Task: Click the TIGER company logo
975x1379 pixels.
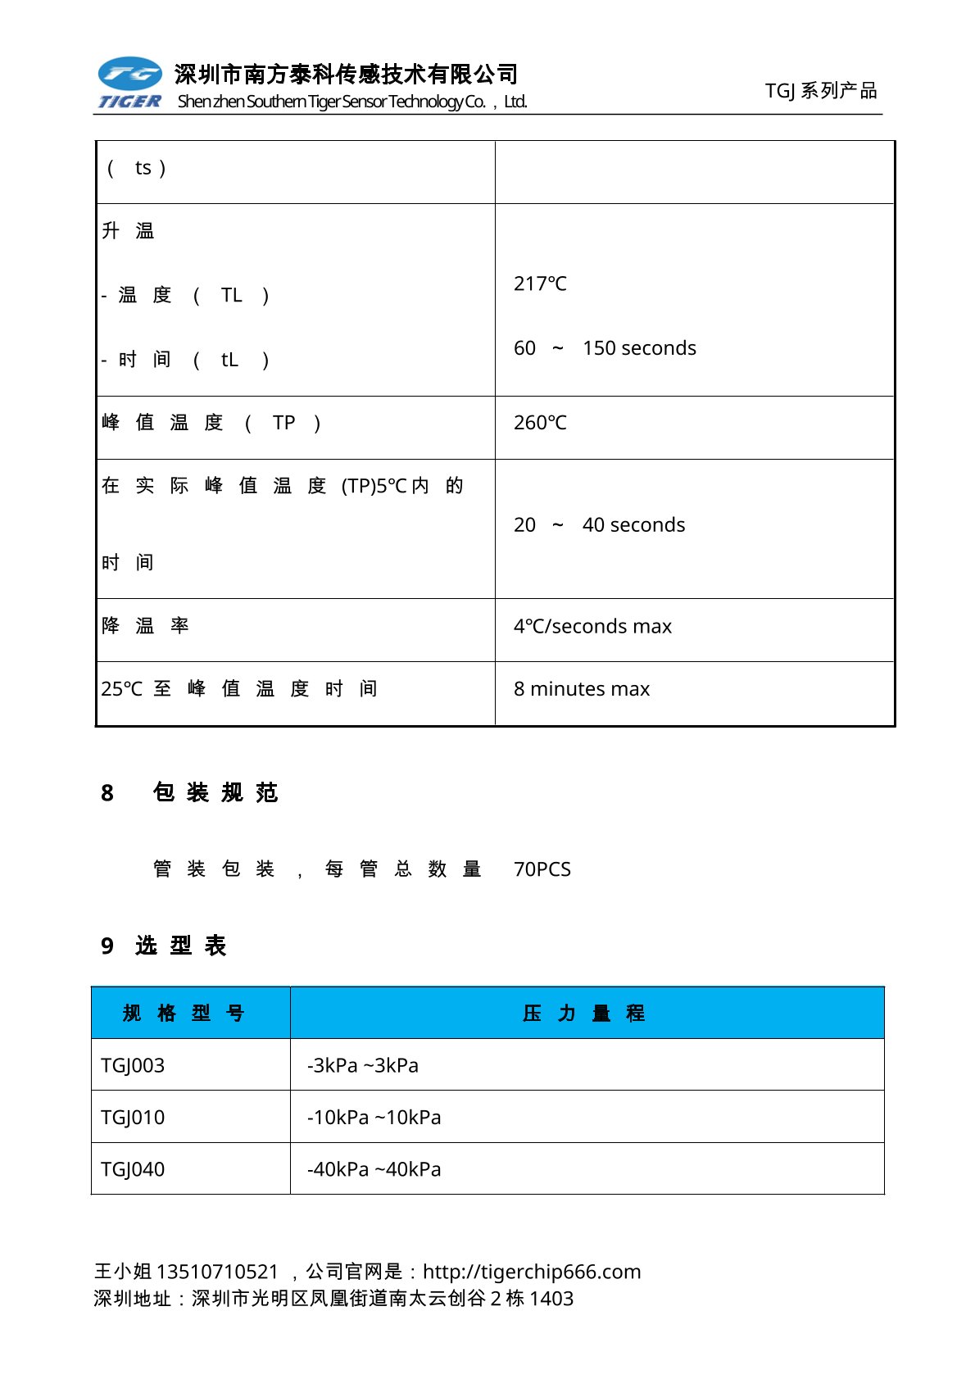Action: pyautogui.click(x=130, y=83)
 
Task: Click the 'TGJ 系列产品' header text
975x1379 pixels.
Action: pyautogui.click(x=820, y=91)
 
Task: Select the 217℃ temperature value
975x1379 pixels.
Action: pyautogui.click(x=540, y=284)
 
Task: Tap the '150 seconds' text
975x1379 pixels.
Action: pyautogui.click(x=639, y=348)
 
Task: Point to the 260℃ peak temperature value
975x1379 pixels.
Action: pyautogui.click(x=540, y=423)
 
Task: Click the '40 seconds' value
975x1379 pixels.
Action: pyautogui.click(x=633, y=525)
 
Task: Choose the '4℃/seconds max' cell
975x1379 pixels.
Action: pyautogui.click(x=592, y=627)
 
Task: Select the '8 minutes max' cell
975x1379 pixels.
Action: pyautogui.click(x=582, y=689)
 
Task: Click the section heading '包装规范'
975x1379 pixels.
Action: pyautogui.click(x=216, y=793)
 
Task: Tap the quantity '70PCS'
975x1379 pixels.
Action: pyautogui.click(x=542, y=869)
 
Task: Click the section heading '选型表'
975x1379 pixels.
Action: pyautogui.click(x=181, y=946)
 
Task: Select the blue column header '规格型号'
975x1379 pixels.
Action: pyautogui.click(x=184, y=1014)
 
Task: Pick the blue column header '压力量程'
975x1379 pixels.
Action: pyautogui.click(x=584, y=1014)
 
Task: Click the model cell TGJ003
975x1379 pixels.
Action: pyautogui.click(x=133, y=1066)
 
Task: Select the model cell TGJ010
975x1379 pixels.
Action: pyautogui.click(x=133, y=1118)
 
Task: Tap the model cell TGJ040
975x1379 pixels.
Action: pyautogui.click(x=133, y=1169)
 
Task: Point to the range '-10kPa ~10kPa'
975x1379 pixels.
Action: pyautogui.click(x=374, y=1118)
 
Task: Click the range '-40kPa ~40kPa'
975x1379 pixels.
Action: pyautogui.click(x=374, y=1169)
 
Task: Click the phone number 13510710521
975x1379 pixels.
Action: pyautogui.click(x=217, y=1272)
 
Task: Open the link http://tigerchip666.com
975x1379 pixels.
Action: pyautogui.click(x=532, y=1272)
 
